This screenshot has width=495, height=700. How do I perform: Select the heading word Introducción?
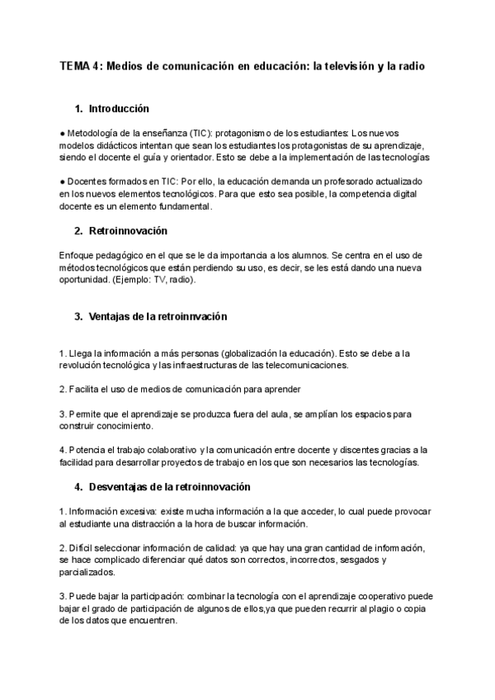(118, 108)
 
